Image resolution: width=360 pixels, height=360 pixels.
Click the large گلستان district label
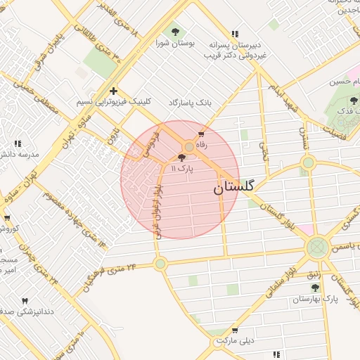(234, 188)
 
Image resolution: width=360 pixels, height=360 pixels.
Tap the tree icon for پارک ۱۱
(183, 158)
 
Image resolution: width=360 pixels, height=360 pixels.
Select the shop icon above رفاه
(202, 134)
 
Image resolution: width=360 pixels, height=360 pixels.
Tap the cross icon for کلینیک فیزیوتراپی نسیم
(113, 91)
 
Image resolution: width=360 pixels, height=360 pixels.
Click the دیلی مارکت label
(233, 340)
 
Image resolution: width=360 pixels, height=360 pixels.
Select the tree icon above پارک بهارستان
(315, 288)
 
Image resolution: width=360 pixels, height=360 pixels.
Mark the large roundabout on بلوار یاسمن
(316, 247)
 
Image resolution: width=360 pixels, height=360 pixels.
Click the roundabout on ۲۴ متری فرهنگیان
(160, 264)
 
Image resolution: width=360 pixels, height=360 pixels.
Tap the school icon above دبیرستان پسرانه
(234, 33)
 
